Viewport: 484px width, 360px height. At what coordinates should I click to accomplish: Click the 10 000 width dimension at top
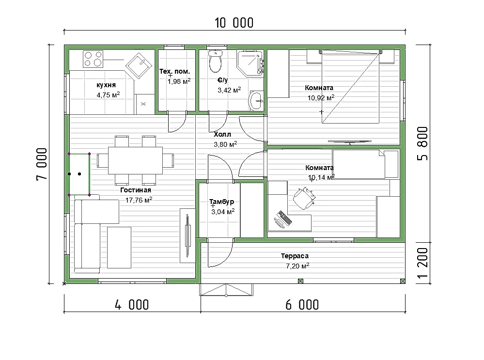234,23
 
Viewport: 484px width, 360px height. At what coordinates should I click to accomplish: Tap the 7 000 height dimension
42,164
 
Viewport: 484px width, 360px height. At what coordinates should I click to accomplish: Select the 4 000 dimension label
132,305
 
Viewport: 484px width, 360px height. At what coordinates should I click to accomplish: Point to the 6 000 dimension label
302,305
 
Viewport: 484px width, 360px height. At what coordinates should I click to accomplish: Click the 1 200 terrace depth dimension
422,263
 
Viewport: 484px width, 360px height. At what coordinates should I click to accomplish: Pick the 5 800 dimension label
422,143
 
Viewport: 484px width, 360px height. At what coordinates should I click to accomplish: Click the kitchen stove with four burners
93,59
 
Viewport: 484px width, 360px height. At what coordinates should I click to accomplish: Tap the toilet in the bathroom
216,61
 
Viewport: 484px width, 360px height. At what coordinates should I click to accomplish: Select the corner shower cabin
250,63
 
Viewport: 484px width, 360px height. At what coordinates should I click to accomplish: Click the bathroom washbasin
256,101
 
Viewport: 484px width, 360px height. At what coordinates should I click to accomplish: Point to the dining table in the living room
135,160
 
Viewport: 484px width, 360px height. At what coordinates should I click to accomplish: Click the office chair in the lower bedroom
304,198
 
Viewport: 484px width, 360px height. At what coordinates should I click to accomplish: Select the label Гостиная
136,190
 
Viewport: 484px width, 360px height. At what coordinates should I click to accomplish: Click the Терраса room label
295,256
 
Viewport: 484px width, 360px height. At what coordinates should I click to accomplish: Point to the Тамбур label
221,202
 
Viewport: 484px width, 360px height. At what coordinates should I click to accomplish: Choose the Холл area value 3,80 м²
225,144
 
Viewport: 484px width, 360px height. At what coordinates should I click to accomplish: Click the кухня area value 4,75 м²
108,95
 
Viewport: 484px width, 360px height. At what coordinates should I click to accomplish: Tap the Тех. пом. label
175,71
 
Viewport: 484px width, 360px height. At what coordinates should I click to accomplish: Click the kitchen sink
139,66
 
